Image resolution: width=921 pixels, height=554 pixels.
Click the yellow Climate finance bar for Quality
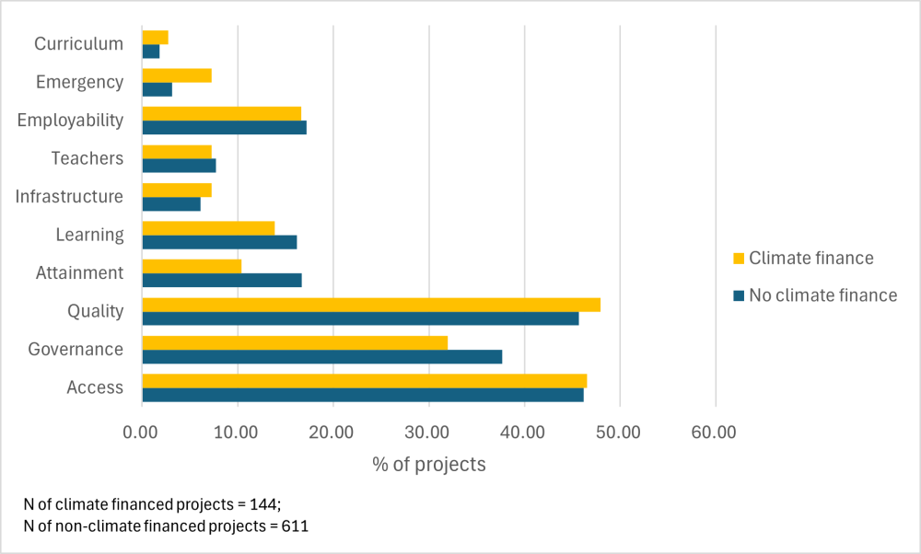(371, 305)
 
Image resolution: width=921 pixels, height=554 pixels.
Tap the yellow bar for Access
(364, 381)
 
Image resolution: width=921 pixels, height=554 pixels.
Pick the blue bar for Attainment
(222, 280)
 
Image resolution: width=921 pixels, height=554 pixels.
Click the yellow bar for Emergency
(177, 75)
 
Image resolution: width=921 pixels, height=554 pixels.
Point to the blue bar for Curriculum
(151, 52)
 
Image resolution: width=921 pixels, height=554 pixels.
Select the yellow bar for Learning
(208, 228)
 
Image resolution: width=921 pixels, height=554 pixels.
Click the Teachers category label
(87, 158)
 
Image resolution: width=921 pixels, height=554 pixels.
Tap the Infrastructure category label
(69, 196)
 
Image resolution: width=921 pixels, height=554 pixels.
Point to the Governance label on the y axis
(76, 350)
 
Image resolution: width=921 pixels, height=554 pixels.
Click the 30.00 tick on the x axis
(428, 432)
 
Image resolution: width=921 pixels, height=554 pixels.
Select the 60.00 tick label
(716, 432)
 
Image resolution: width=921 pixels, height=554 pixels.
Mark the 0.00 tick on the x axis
(142, 432)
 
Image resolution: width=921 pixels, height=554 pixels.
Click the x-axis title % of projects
(428, 464)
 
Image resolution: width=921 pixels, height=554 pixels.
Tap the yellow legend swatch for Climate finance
(738, 259)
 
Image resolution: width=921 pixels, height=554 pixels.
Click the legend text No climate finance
(823, 295)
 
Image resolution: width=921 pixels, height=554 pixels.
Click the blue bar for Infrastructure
(171, 203)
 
